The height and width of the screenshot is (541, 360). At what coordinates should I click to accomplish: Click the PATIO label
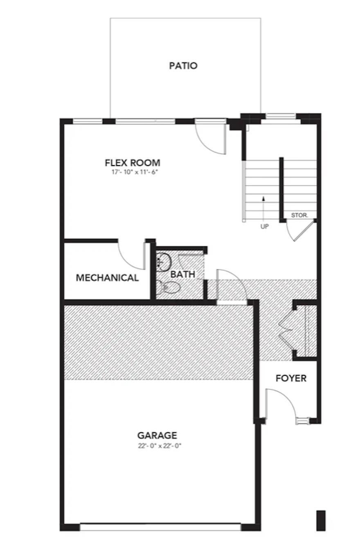pos(183,66)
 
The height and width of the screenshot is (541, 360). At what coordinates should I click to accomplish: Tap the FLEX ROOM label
pos(133,163)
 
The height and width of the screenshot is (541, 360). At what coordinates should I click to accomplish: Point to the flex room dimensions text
pos(135,172)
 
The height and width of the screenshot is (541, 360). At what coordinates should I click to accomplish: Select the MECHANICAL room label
pos(107,278)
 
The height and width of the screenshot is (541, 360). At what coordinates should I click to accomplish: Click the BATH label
pos(182,274)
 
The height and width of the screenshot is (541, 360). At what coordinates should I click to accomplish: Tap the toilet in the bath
pos(169,288)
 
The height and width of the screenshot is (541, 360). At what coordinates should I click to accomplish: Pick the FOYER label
pos(291,378)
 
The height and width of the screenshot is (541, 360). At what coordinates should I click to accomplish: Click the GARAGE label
pos(157,435)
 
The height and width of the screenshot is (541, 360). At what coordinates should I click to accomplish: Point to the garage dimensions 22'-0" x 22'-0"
pos(160,446)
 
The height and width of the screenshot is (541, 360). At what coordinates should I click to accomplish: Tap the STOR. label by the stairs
pos(299,215)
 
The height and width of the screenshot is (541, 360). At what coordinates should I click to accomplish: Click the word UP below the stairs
pos(264,227)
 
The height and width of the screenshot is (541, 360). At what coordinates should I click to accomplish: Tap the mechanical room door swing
pos(132,256)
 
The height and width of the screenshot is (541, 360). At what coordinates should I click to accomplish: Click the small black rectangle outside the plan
pos(321,520)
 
